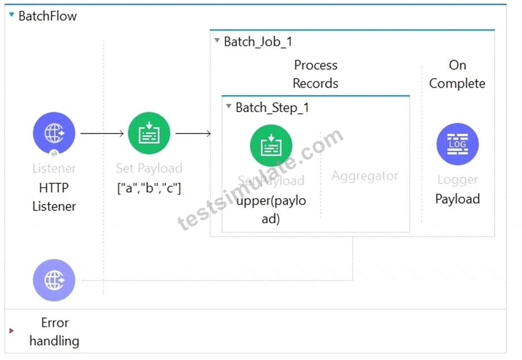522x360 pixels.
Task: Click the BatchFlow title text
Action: point(47,16)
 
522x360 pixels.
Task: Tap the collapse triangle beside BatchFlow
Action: point(12,15)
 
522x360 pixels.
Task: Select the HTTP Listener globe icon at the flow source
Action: point(54,133)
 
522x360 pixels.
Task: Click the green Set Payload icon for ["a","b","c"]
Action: point(149,133)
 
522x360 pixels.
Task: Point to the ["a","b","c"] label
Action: point(149,188)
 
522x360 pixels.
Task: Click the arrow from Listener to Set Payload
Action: point(102,133)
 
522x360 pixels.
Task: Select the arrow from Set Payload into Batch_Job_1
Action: point(193,133)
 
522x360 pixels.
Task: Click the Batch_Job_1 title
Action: point(258,42)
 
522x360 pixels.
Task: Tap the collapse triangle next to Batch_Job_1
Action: point(217,40)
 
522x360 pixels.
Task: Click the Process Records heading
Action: point(316,74)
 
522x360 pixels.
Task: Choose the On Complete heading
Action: point(457,74)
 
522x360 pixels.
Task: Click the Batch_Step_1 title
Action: point(272,108)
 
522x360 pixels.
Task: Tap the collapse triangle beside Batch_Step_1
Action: point(229,106)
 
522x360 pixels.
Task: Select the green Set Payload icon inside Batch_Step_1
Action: point(271,146)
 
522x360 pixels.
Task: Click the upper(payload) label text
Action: point(271,210)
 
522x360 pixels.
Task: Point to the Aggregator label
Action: point(365,176)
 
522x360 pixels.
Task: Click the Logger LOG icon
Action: point(457,144)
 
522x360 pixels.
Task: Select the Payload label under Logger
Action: point(457,199)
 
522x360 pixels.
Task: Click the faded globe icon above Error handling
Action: point(54,280)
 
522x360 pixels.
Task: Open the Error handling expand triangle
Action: point(12,330)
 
